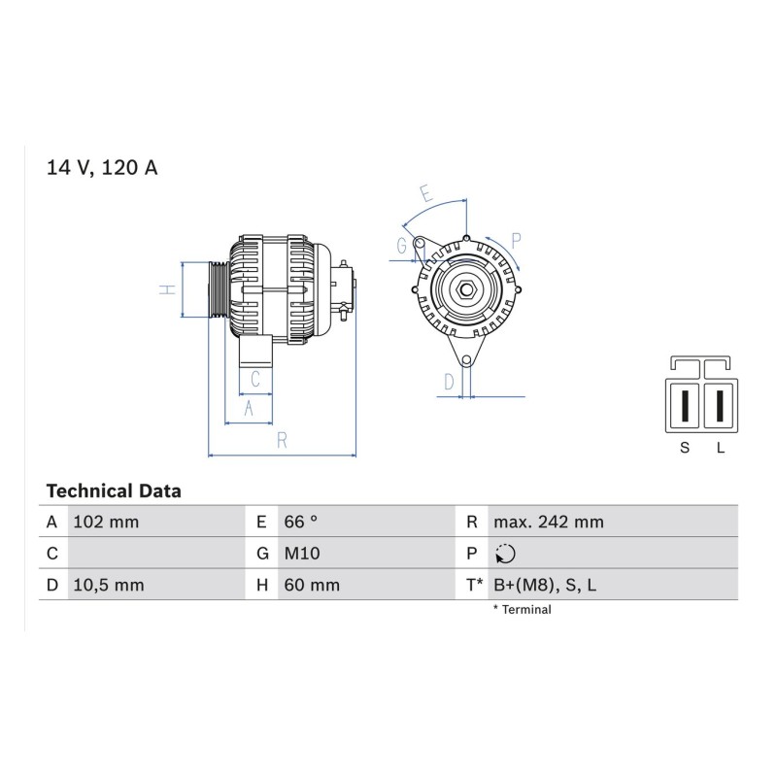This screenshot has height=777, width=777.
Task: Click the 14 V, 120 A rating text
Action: click(102, 168)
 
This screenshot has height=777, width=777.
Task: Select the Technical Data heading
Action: click(114, 491)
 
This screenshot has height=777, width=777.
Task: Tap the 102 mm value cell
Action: click(106, 522)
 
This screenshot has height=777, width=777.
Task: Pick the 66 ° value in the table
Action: click(300, 522)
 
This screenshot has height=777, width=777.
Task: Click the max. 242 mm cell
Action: click(549, 522)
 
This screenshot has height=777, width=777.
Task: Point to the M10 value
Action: click(302, 553)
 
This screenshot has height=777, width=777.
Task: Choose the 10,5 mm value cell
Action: click(109, 585)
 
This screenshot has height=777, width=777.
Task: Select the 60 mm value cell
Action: click(312, 585)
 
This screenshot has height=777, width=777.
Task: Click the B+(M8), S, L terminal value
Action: click(545, 586)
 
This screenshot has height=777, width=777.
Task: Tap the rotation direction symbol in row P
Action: click(505, 554)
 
